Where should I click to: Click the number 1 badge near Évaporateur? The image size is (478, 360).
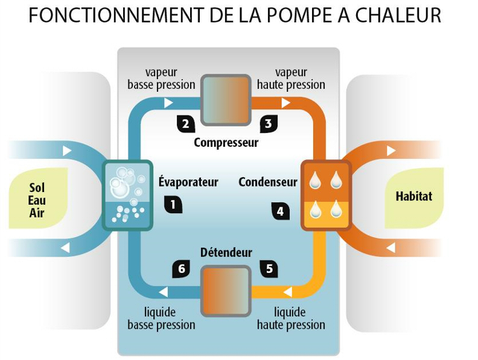(173, 205)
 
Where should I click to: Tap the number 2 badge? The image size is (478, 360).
(185, 124)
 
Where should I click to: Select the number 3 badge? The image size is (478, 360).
(268, 124)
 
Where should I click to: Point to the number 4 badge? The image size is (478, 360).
(280, 211)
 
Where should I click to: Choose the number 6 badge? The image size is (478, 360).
(181, 269)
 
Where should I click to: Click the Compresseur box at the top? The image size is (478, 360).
(226, 99)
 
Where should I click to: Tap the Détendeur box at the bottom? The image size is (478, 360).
(226, 291)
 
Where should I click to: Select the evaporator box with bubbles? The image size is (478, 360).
(128, 194)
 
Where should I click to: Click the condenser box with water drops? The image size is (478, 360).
(325, 194)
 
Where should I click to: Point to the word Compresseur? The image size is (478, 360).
(226, 143)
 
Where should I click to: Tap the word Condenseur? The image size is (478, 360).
(268, 182)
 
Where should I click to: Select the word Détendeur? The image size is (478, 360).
(226, 252)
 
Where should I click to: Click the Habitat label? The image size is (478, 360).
(413, 196)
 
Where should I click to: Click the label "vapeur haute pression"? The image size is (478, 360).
(291, 79)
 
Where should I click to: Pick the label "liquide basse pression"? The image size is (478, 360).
(161, 318)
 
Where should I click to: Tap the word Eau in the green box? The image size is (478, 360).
(37, 200)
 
